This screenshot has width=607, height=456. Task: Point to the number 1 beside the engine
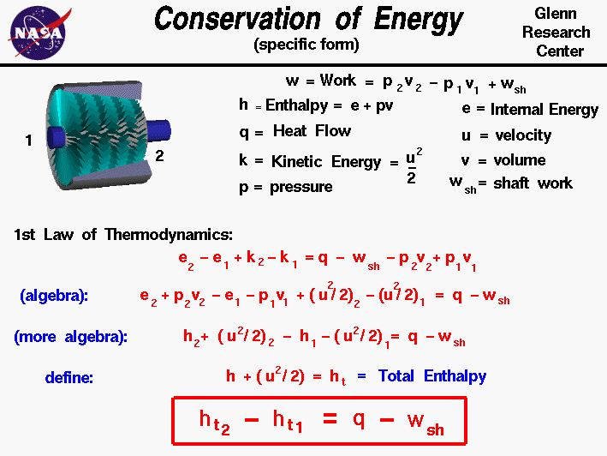[28, 141]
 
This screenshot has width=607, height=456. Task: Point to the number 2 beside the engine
[160, 155]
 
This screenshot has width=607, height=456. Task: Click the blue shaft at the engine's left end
[52, 135]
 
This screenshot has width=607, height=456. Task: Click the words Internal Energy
[544, 110]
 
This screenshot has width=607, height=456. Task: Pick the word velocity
[522, 135]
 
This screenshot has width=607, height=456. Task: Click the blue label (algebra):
[54, 296]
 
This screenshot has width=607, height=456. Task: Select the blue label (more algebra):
[70, 337]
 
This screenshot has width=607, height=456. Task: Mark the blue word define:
[69, 376]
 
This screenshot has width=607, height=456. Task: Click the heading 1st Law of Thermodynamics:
[122, 234]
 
